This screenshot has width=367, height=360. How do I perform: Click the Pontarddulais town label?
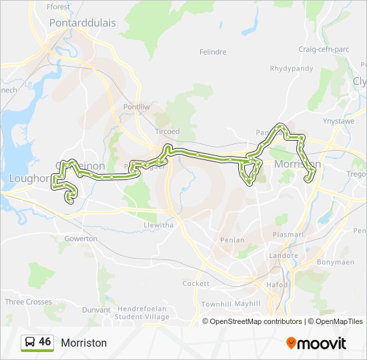pyautogui.click(x=82, y=23)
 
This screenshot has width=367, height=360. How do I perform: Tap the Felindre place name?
pyautogui.click(x=213, y=52)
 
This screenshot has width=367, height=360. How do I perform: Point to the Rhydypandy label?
pyautogui.click(x=291, y=69)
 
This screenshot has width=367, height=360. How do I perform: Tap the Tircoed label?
pyautogui.click(x=167, y=132)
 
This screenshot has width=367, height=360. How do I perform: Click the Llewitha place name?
pyautogui.click(x=159, y=225)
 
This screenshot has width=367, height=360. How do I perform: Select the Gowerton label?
pyautogui.click(x=81, y=239)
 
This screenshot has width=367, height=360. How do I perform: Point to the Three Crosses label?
pyautogui.click(x=29, y=302)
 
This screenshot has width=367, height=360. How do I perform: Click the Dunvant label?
pyautogui.click(x=96, y=310)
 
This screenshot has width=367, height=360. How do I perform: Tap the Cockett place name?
pyautogui.click(x=196, y=283)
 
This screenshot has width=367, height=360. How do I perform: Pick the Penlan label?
pyautogui.click(x=232, y=240)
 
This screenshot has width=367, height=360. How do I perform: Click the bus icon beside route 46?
pyautogui.click(x=30, y=343)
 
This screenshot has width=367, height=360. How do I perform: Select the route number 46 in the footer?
pyautogui.click(x=45, y=342)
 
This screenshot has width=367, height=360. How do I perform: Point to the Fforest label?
pyautogui.click(x=59, y=7)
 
